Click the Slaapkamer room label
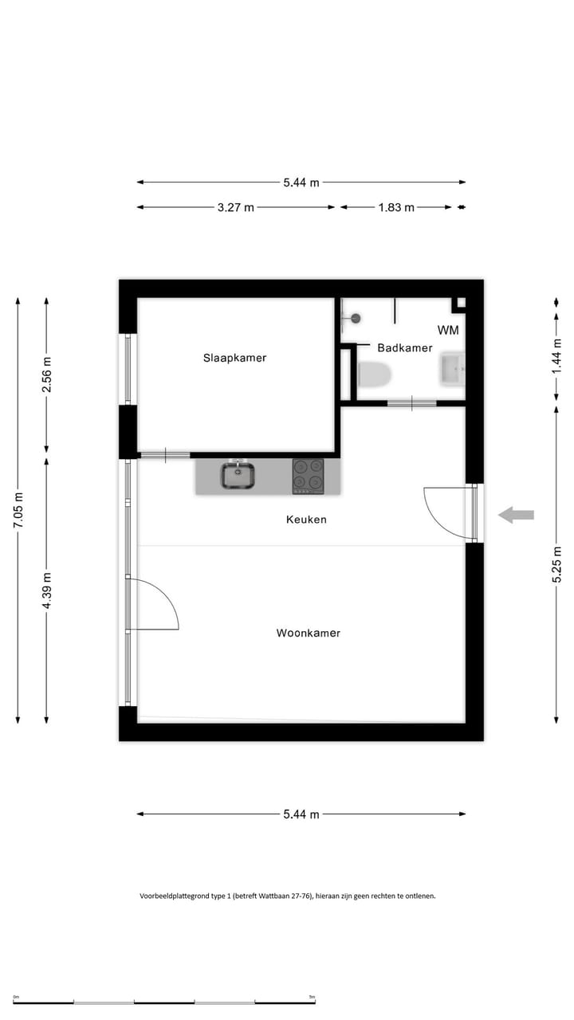[x=234, y=358]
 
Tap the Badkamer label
[x=405, y=347]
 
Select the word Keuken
[x=306, y=520]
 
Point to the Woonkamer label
[x=308, y=634]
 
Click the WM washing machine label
[x=447, y=330]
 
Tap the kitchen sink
[x=237, y=477]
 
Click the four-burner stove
[x=308, y=477]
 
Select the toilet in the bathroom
[x=373, y=374]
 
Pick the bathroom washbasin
[x=452, y=369]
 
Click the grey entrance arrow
[x=516, y=515]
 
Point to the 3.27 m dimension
[x=235, y=207]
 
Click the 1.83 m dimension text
[x=396, y=207]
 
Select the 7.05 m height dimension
[x=18, y=511]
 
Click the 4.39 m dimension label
[x=46, y=591]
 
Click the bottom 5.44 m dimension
[x=301, y=814]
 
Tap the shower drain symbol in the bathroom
[x=356, y=318]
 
